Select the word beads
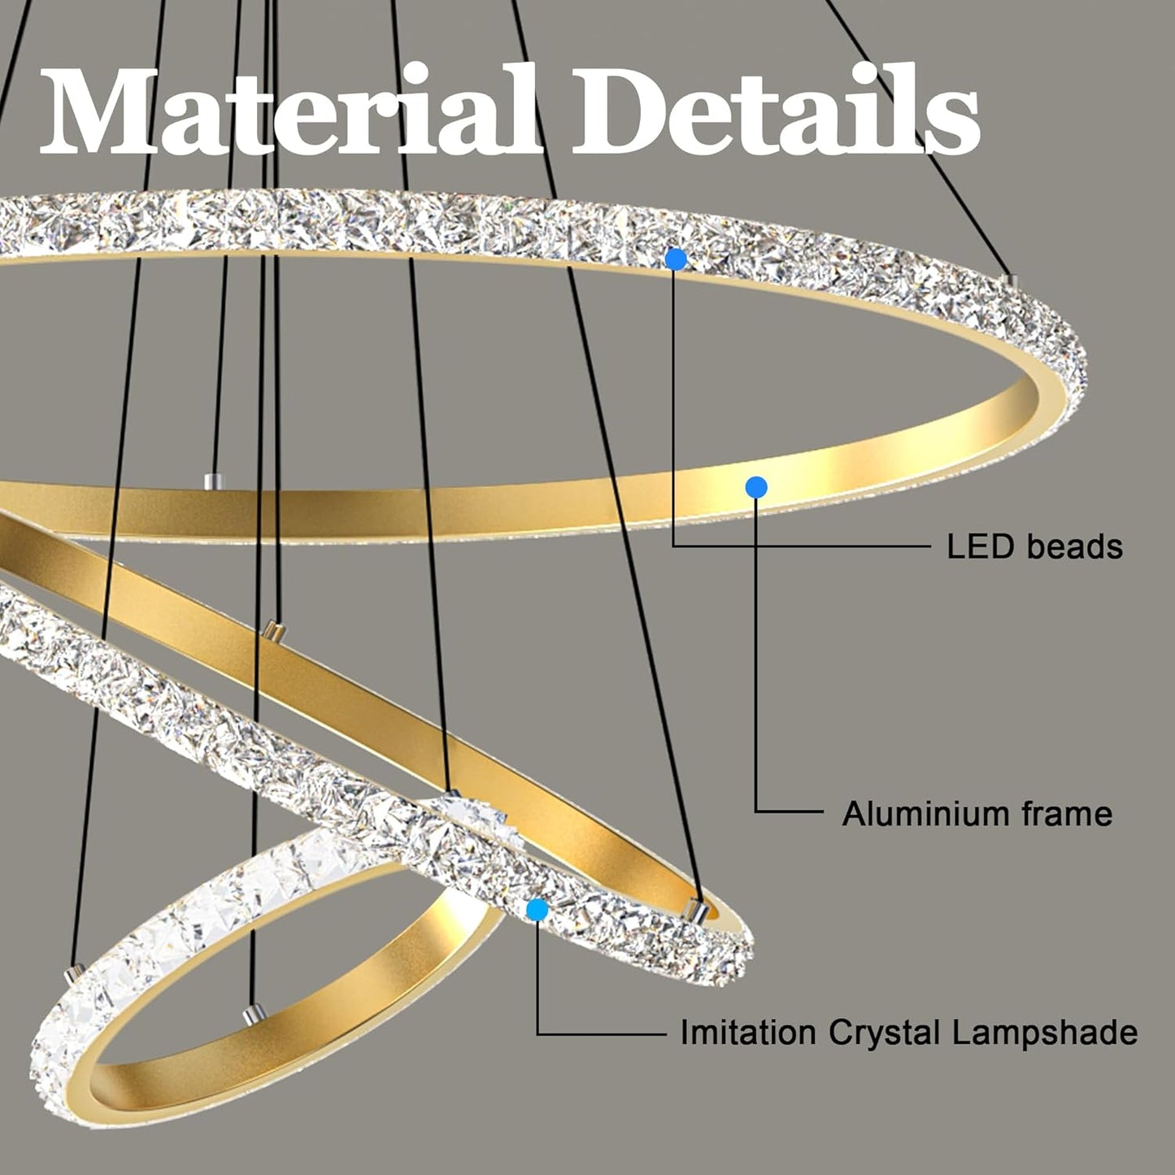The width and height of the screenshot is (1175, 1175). point(1074,547)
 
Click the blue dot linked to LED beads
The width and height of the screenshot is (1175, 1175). point(676,259)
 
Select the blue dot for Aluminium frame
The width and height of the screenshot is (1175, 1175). point(756,486)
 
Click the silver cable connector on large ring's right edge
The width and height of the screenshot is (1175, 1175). point(1011,281)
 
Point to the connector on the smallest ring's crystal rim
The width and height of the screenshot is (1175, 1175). point(74,974)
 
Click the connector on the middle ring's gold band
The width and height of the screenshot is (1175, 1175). point(274,630)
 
